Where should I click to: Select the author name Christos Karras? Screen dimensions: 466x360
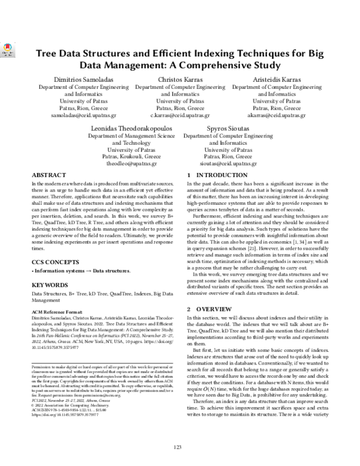pyautogui.click(x=180, y=80)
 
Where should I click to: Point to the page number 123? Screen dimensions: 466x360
pyautogui.click(x=177, y=447)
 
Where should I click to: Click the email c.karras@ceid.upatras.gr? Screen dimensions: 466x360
pyautogui.click(x=180, y=115)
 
